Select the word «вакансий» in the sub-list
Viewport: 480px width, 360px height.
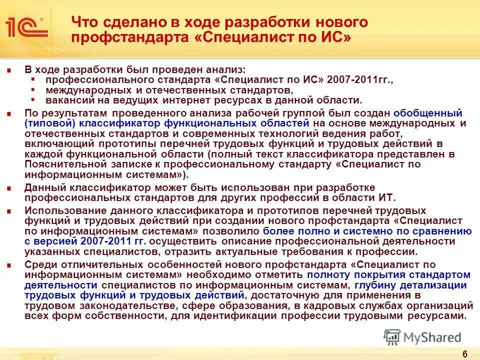[66, 99]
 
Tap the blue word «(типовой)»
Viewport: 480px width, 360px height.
[48, 123]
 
